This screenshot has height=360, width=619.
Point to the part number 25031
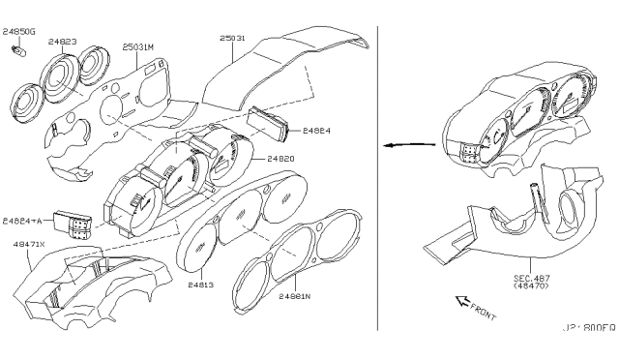tap(233, 38)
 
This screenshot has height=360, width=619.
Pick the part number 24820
tap(280, 157)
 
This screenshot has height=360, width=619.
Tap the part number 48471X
tap(28, 246)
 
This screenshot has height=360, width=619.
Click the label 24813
tap(201, 285)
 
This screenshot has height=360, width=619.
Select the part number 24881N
tap(296, 297)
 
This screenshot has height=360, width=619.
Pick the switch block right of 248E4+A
tap(75, 224)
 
